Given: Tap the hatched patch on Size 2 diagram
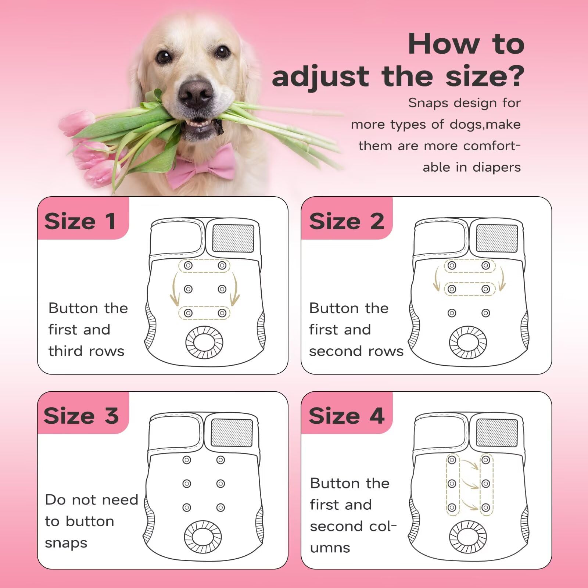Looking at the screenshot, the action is pos(496,238).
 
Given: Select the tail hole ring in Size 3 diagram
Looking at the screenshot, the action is pos(202,537).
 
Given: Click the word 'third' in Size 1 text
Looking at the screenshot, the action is pos(66,351).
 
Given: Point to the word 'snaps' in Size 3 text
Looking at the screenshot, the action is pos(66,544).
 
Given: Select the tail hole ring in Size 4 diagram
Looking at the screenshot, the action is pos(468,537).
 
